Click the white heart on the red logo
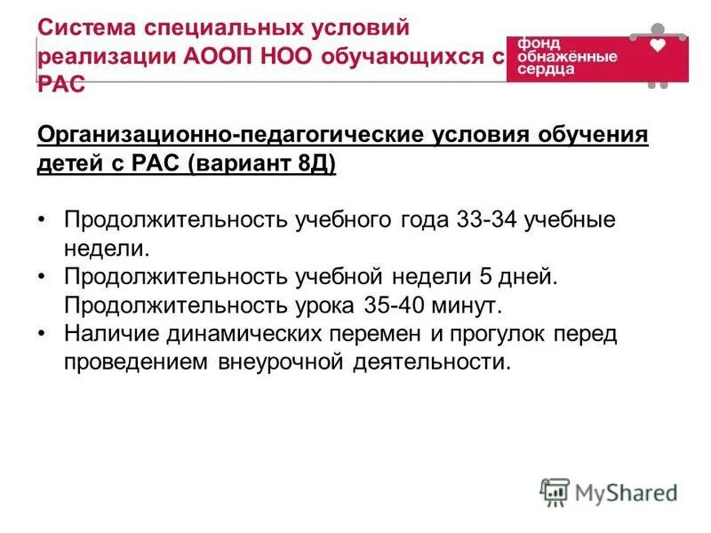point(658,44)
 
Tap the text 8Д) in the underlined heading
point(316,165)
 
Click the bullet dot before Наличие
point(44,335)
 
